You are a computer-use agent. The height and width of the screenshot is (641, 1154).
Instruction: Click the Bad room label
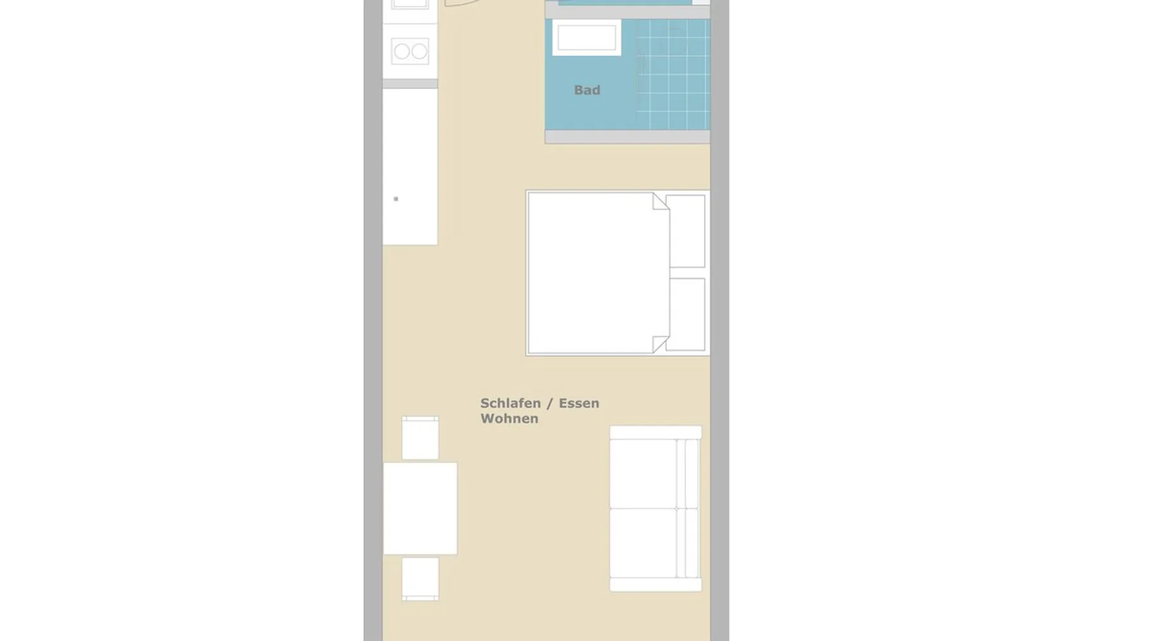coord(587,90)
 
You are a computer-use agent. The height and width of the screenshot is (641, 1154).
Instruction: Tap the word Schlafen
coord(510,403)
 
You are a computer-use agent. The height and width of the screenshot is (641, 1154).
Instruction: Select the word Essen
coord(579,403)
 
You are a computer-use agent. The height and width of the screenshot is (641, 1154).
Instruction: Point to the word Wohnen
coord(509,419)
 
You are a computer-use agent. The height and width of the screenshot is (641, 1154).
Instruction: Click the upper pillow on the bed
coord(685,231)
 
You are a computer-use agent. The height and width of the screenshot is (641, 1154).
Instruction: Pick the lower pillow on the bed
coord(685,315)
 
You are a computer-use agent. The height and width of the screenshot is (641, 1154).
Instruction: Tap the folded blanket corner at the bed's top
coord(660,201)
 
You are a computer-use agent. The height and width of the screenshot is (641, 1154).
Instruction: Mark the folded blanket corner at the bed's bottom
coord(660,344)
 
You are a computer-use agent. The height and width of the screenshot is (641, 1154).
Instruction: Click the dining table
coord(421,508)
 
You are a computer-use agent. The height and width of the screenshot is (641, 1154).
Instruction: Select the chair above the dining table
coord(421,438)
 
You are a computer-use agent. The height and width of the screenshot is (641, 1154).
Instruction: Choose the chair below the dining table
coord(421,579)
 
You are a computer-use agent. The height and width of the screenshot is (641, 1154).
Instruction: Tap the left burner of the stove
coord(402,51)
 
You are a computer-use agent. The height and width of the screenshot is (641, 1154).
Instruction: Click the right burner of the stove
coord(419,51)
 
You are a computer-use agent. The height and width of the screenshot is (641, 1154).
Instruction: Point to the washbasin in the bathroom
coord(587,38)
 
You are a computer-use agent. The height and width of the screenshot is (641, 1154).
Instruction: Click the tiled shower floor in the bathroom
coord(673,74)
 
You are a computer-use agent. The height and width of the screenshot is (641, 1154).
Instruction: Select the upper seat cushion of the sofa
coord(643,474)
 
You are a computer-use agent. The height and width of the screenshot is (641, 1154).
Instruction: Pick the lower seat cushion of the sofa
coord(643,544)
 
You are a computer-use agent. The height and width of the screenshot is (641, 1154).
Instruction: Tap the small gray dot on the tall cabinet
coord(396,199)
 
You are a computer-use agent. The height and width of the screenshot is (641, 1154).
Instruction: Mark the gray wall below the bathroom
coord(628,137)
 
